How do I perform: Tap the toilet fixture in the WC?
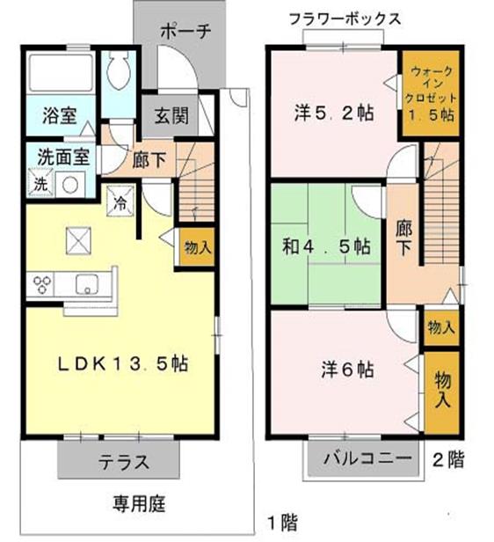pos(118,70)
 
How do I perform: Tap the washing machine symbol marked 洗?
pos(40,185)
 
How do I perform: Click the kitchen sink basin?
pos(87,283)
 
